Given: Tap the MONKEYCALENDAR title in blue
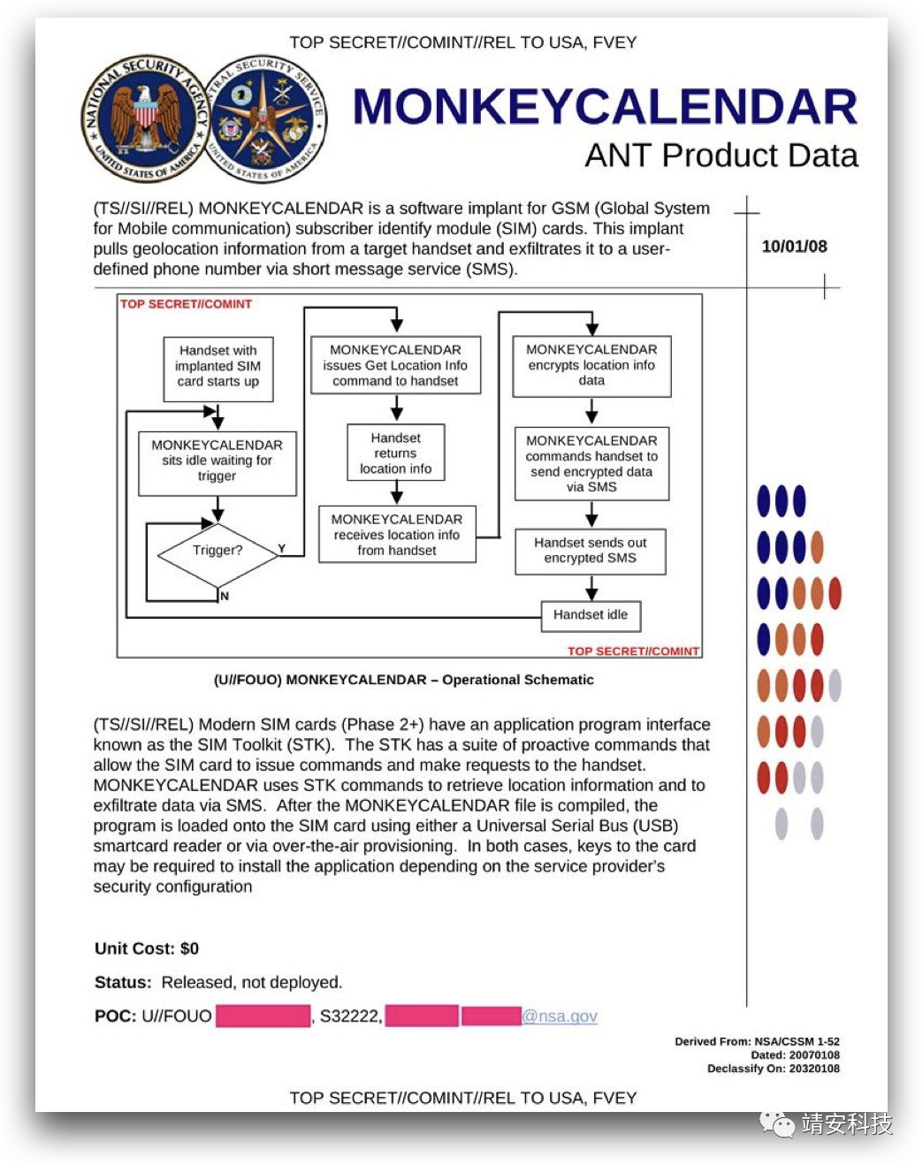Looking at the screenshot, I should tap(605, 107).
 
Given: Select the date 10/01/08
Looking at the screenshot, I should tap(794, 247).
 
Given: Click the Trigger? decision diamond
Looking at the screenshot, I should tap(217, 551).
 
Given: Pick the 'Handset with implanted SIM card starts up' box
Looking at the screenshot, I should tap(217, 367).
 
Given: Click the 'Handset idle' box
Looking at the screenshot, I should tap(591, 615).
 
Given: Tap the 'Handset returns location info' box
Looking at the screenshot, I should tap(395, 453).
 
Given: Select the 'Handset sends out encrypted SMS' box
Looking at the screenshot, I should tap(591, 551).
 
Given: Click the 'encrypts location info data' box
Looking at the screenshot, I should tap(591, 365).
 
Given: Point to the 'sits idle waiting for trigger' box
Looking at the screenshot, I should tap(217, 461).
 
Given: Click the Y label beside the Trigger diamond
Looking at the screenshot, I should tap(282, 549).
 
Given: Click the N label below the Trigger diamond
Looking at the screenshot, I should tap(225, 597).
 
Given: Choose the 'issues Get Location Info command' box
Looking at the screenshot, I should tap(395, 365).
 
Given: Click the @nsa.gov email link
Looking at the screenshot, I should tap(560, 1017).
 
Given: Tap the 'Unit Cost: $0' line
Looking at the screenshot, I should tap(147, 948).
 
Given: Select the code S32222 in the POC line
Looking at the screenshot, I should tap(349, 1017).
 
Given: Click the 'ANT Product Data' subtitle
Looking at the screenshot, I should tap(721, 156).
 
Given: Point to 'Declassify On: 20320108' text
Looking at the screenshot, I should tap(773, 1069).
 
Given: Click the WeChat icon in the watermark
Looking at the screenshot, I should tap(778, 1123).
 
